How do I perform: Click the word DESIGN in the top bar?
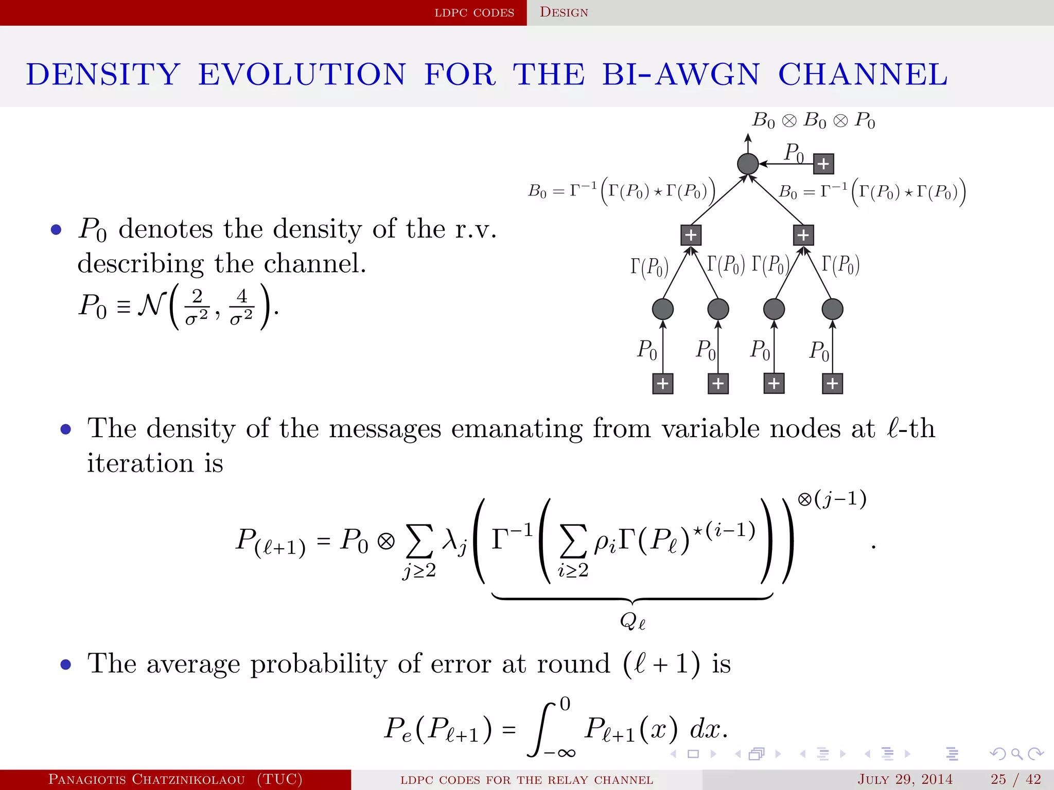[564, 12]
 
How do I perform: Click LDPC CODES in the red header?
[474, 13]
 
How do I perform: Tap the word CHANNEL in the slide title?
[863, 75]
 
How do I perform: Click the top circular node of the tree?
[748, 164]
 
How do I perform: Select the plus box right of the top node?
[823, 164]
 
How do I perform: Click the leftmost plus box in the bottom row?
[663, 384]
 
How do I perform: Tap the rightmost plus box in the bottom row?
[833, 384]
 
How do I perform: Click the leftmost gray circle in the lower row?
[663, 309]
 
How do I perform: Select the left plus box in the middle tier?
[691, 236]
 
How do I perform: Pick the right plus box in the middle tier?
[803, 236]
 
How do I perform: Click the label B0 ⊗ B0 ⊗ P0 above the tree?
[814, 121]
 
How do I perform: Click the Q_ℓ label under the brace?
[633, 621]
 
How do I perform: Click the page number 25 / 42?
[1015, 779]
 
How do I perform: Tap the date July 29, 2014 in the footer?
[905, 779]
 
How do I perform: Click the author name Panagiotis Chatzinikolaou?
[147, 779]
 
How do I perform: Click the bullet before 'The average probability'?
[66, 665]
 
